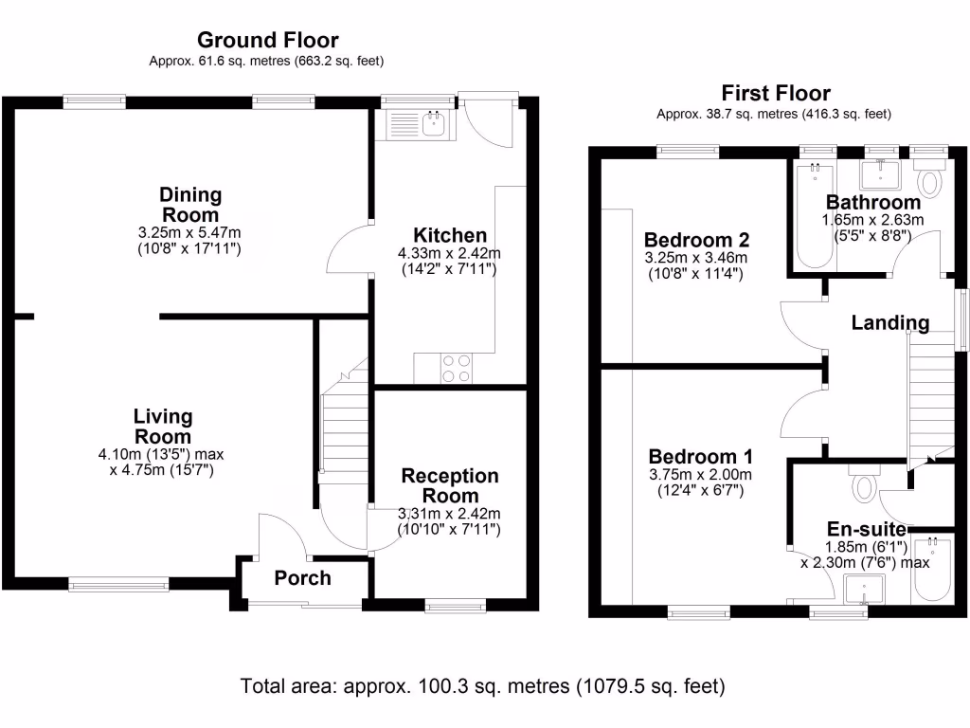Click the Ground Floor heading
tap(267, 40)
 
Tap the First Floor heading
tap(775, 93)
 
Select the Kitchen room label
tap(450, 235)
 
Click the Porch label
tap(303, 578)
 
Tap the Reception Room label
tap(450, 485)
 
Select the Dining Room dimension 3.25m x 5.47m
tap(189, 231)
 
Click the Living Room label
tap(163, 427)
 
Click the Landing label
tap(889, 322)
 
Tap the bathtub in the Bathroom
tap(814, 213)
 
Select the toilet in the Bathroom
tap(930, 180)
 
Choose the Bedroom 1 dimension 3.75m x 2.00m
tap(700, 475)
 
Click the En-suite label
tap(867, 529)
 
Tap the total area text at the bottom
tap(483, 685)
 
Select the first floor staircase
tap(931, 398)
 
